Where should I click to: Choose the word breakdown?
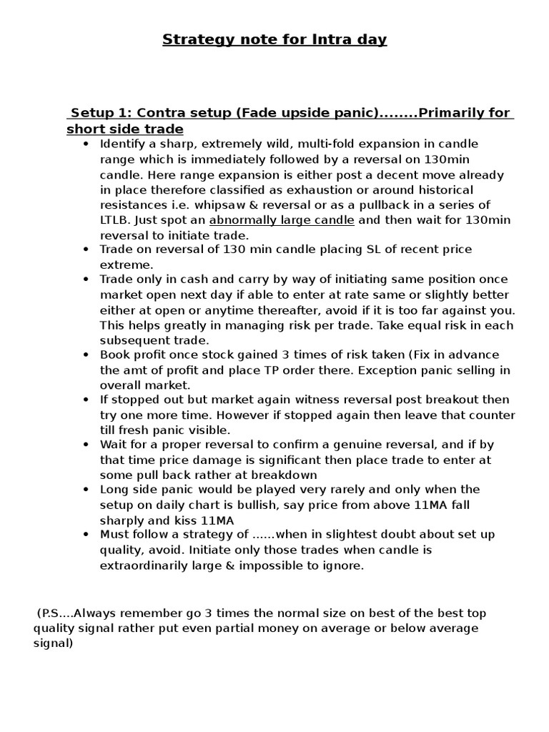(x=287, y=475)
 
